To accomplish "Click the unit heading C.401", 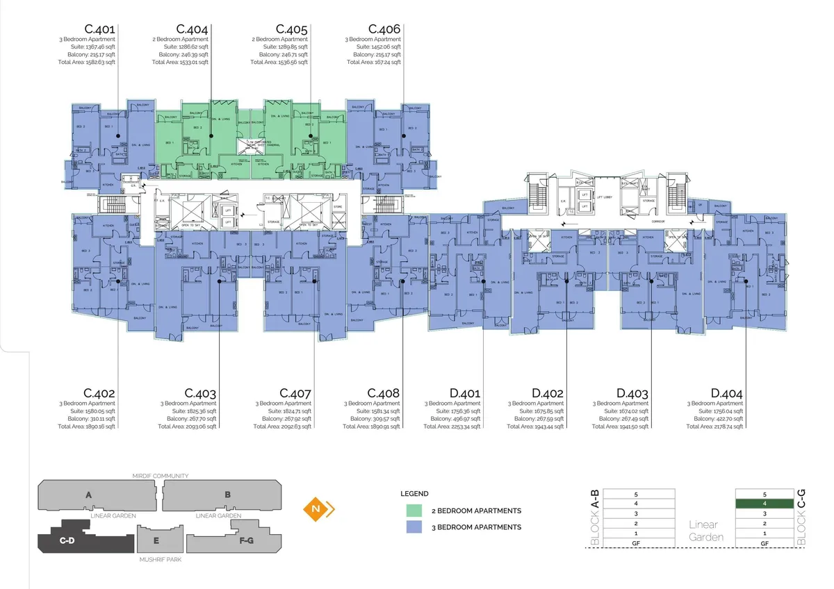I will click(99, 29).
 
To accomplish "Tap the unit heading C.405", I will click(292, 29).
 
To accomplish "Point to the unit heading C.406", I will click(384, 29).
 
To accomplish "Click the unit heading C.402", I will click(99, 394).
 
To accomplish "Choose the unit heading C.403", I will click(200, 394).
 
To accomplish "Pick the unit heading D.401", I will click(464, 394).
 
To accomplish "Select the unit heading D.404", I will click(726, 394).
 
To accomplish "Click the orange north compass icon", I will click(319, 509).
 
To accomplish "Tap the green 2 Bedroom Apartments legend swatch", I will click(416, 511).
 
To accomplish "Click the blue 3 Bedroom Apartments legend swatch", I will click(416, 527).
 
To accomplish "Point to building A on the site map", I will click(88, 496).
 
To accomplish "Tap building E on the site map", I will click(156, 540).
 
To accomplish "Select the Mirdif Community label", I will click(161, 476).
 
